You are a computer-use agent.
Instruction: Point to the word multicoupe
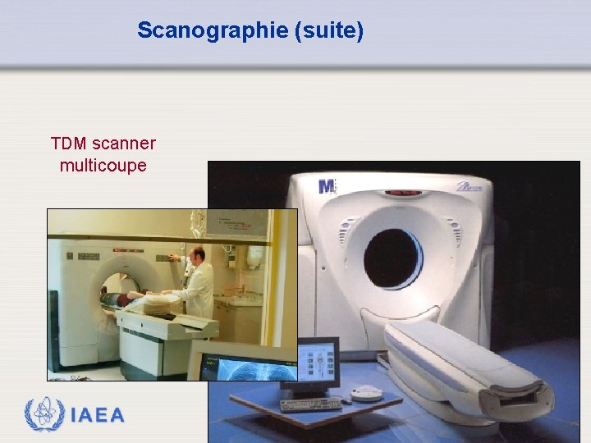(x=103, y=165)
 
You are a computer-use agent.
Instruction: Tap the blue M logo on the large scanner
(x=327, y=186)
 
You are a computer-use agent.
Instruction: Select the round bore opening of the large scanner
(x=392, y=258)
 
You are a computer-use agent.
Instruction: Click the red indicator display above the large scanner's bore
(x=402, y=194)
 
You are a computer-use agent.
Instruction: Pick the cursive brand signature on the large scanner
(x=471, y=186)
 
